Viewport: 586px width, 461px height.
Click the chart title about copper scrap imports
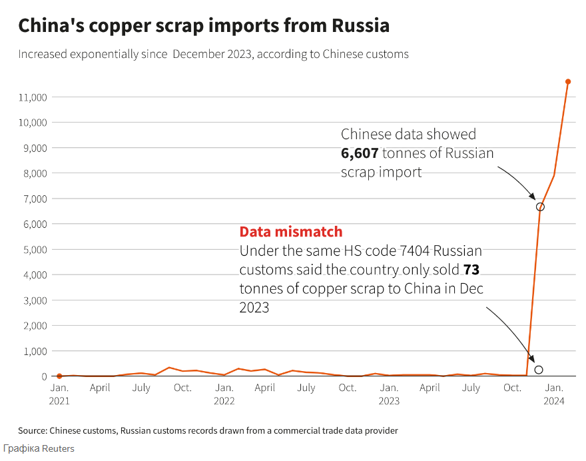click(x=204, y=26)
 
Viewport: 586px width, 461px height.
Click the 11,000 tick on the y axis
click(x=32, y=97)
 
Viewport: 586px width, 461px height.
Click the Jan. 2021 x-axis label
click(x=59, y=394)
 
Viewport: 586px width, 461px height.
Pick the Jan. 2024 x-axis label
click(x=554, y=394)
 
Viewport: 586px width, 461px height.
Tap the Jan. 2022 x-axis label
click(x=224, y=394)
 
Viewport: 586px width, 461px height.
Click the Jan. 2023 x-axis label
click(x=389, y=394)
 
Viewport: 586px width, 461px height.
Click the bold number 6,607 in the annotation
click(x=360, y=153)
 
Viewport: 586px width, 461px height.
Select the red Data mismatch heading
click(x=291, y=232)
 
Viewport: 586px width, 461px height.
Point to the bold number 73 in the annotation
click(x=471, y=270)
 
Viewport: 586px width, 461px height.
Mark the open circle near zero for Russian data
click(x=539, y=370)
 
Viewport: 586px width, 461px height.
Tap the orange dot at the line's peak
click(x=568, y=81)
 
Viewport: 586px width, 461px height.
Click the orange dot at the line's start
click(x=59, y=376)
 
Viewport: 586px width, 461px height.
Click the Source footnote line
click(x=208, y=430)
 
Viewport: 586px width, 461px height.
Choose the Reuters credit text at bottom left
click(x=39, y=448)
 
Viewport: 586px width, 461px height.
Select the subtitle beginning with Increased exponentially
click(x=213, y=54)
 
